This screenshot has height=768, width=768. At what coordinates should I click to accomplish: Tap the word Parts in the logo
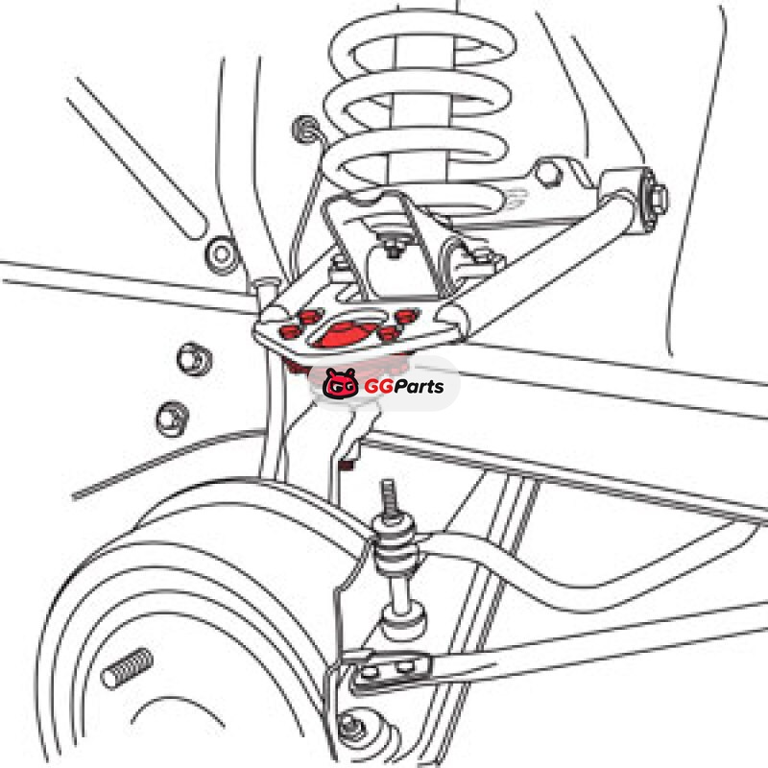pyautogui.click(x=419, y=387)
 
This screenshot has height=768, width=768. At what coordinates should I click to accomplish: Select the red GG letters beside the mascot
pyautogui.click(x=378, y=387)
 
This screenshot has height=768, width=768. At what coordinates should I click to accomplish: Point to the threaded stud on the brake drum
pyautogui.click(x=127, y=668)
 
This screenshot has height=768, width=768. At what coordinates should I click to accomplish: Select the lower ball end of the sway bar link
pyautogui.click(x=402, y=622)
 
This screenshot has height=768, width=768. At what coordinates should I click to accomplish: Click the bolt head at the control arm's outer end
pyautogui.click(x=659, y=197)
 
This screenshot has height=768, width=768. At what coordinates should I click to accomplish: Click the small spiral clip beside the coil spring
pyautogui.click(x=305, y=130)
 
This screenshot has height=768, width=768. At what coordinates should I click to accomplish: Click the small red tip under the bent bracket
pyautogui.click(x=348, y=464)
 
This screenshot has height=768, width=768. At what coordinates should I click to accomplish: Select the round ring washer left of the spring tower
pyautogui.click(x=221, y=253)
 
